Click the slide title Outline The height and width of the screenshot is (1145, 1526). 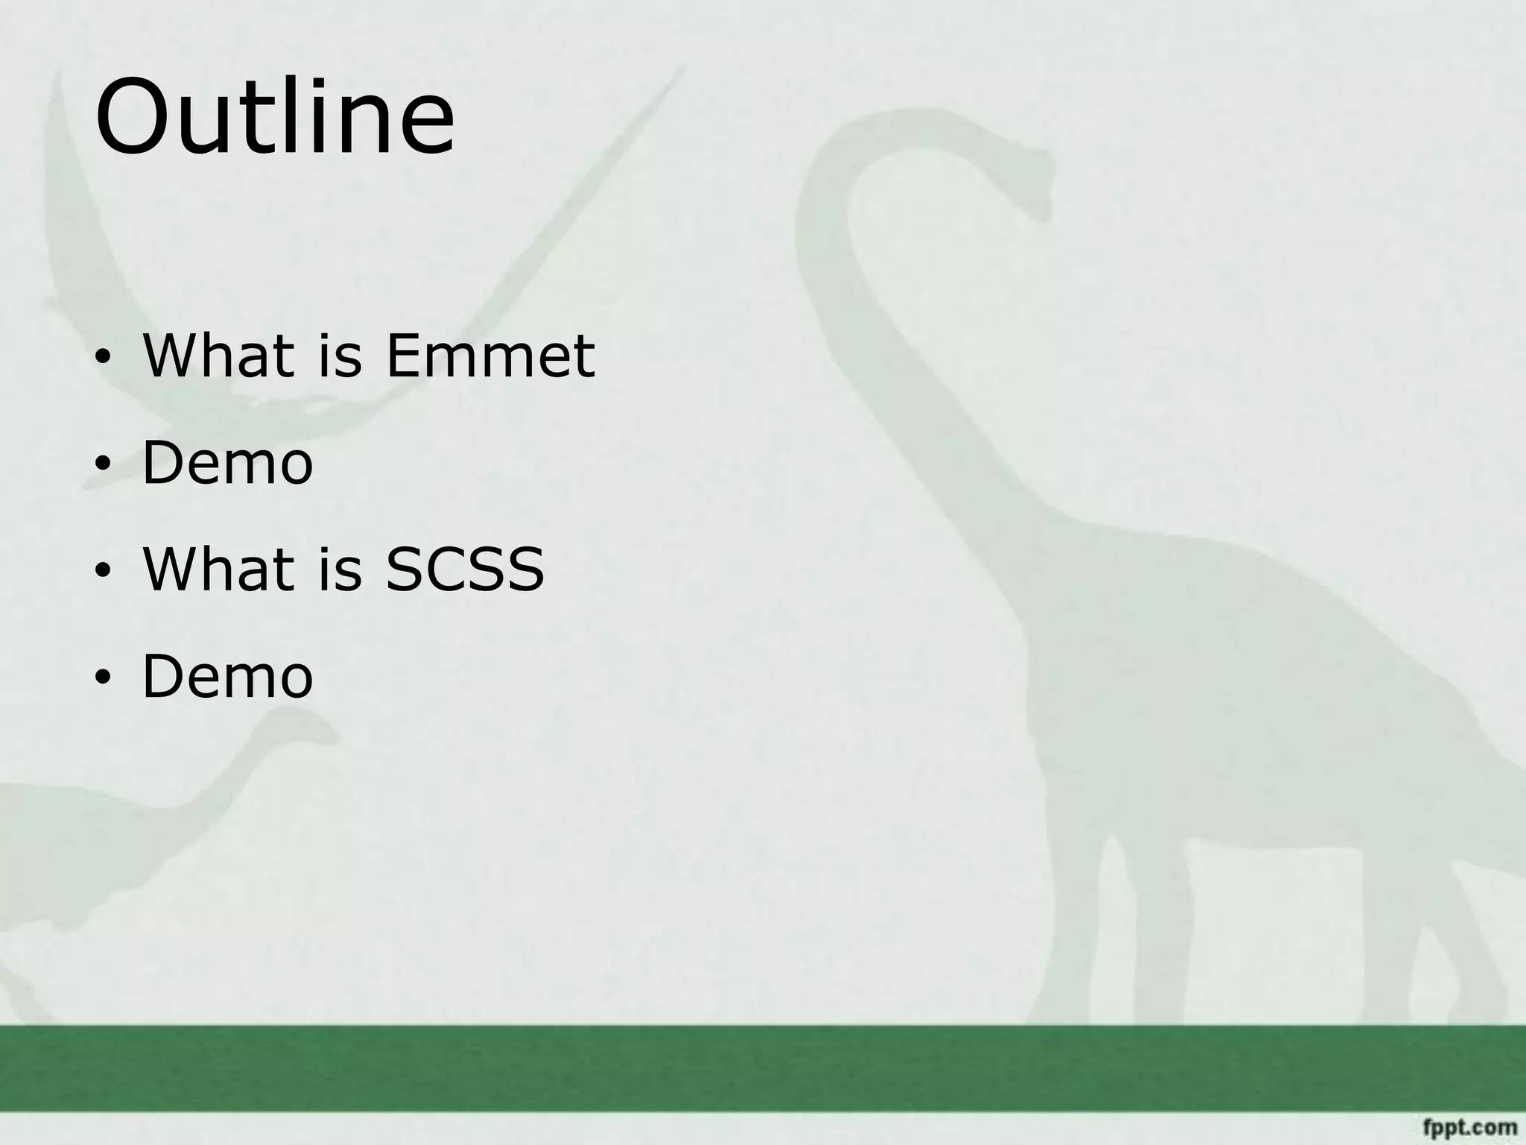point(274,118)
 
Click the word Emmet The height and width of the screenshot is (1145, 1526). point(490,356)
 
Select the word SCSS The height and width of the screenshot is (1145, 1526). point(464,570)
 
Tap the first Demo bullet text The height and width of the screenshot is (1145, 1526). point(227,463)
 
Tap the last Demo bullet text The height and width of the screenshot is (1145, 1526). point(227,676)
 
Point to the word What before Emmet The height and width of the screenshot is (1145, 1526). point(218,356)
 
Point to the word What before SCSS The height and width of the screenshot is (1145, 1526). point(218,570)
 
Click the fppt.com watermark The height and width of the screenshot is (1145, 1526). point(1469,1126)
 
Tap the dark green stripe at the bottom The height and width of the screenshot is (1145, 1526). point(763,1068)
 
